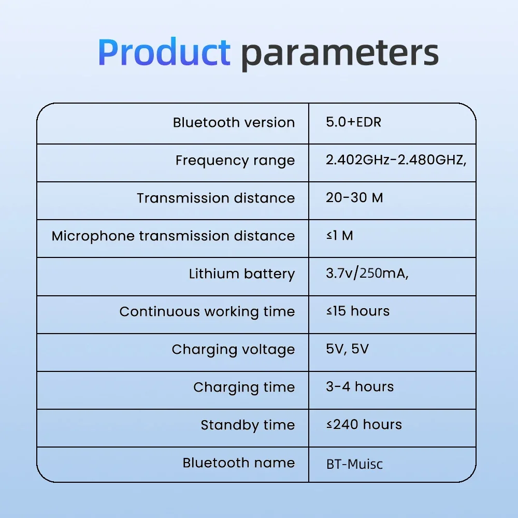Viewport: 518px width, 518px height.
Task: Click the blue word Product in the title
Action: click(x=164, y=52)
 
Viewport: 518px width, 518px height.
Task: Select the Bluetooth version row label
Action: click(x=234, y=123)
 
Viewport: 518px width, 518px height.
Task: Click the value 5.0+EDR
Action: click(x=353, y=122)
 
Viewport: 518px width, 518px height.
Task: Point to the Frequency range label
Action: click(x=235, y=161)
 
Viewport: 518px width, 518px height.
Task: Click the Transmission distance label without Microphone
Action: click(x=216, y=198)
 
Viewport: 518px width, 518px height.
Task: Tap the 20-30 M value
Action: click(x=354, y=197)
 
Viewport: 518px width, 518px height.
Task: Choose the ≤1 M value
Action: click(x=340, y=236)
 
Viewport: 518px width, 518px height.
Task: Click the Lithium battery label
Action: click(x=242, y=274)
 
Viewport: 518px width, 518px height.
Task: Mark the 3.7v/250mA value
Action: click(x=367, y=273)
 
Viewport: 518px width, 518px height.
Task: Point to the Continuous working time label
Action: click(x=207, y=312)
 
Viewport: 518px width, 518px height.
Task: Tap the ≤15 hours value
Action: click(x=358, y=311)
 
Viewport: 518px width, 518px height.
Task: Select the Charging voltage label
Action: click(x=233, y=350)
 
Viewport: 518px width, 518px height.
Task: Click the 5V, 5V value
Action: click(x=347, y=349)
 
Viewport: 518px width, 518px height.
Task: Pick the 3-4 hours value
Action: click(x=360, y=386)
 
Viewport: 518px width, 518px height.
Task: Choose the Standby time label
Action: click(x=248, y=425)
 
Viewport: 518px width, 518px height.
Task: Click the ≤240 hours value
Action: click(x=364, y=425)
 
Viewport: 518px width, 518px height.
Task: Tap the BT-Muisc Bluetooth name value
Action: click(x=354, y=464)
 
